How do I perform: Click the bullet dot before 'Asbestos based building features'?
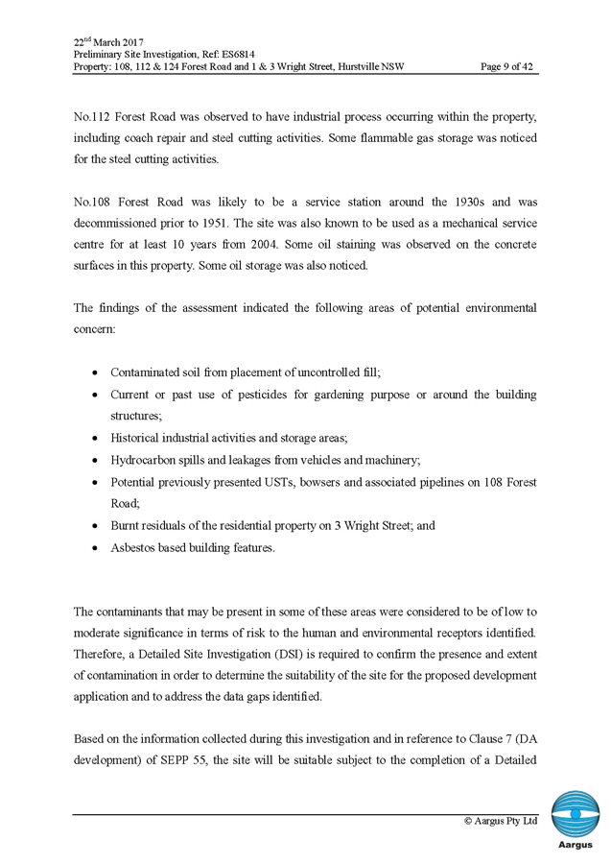pyautogui.click(x=94, y=548)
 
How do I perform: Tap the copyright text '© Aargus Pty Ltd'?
pyautogui.click(x=501, y=822)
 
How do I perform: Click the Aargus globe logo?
pyautogui.click(x=575, y=814)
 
